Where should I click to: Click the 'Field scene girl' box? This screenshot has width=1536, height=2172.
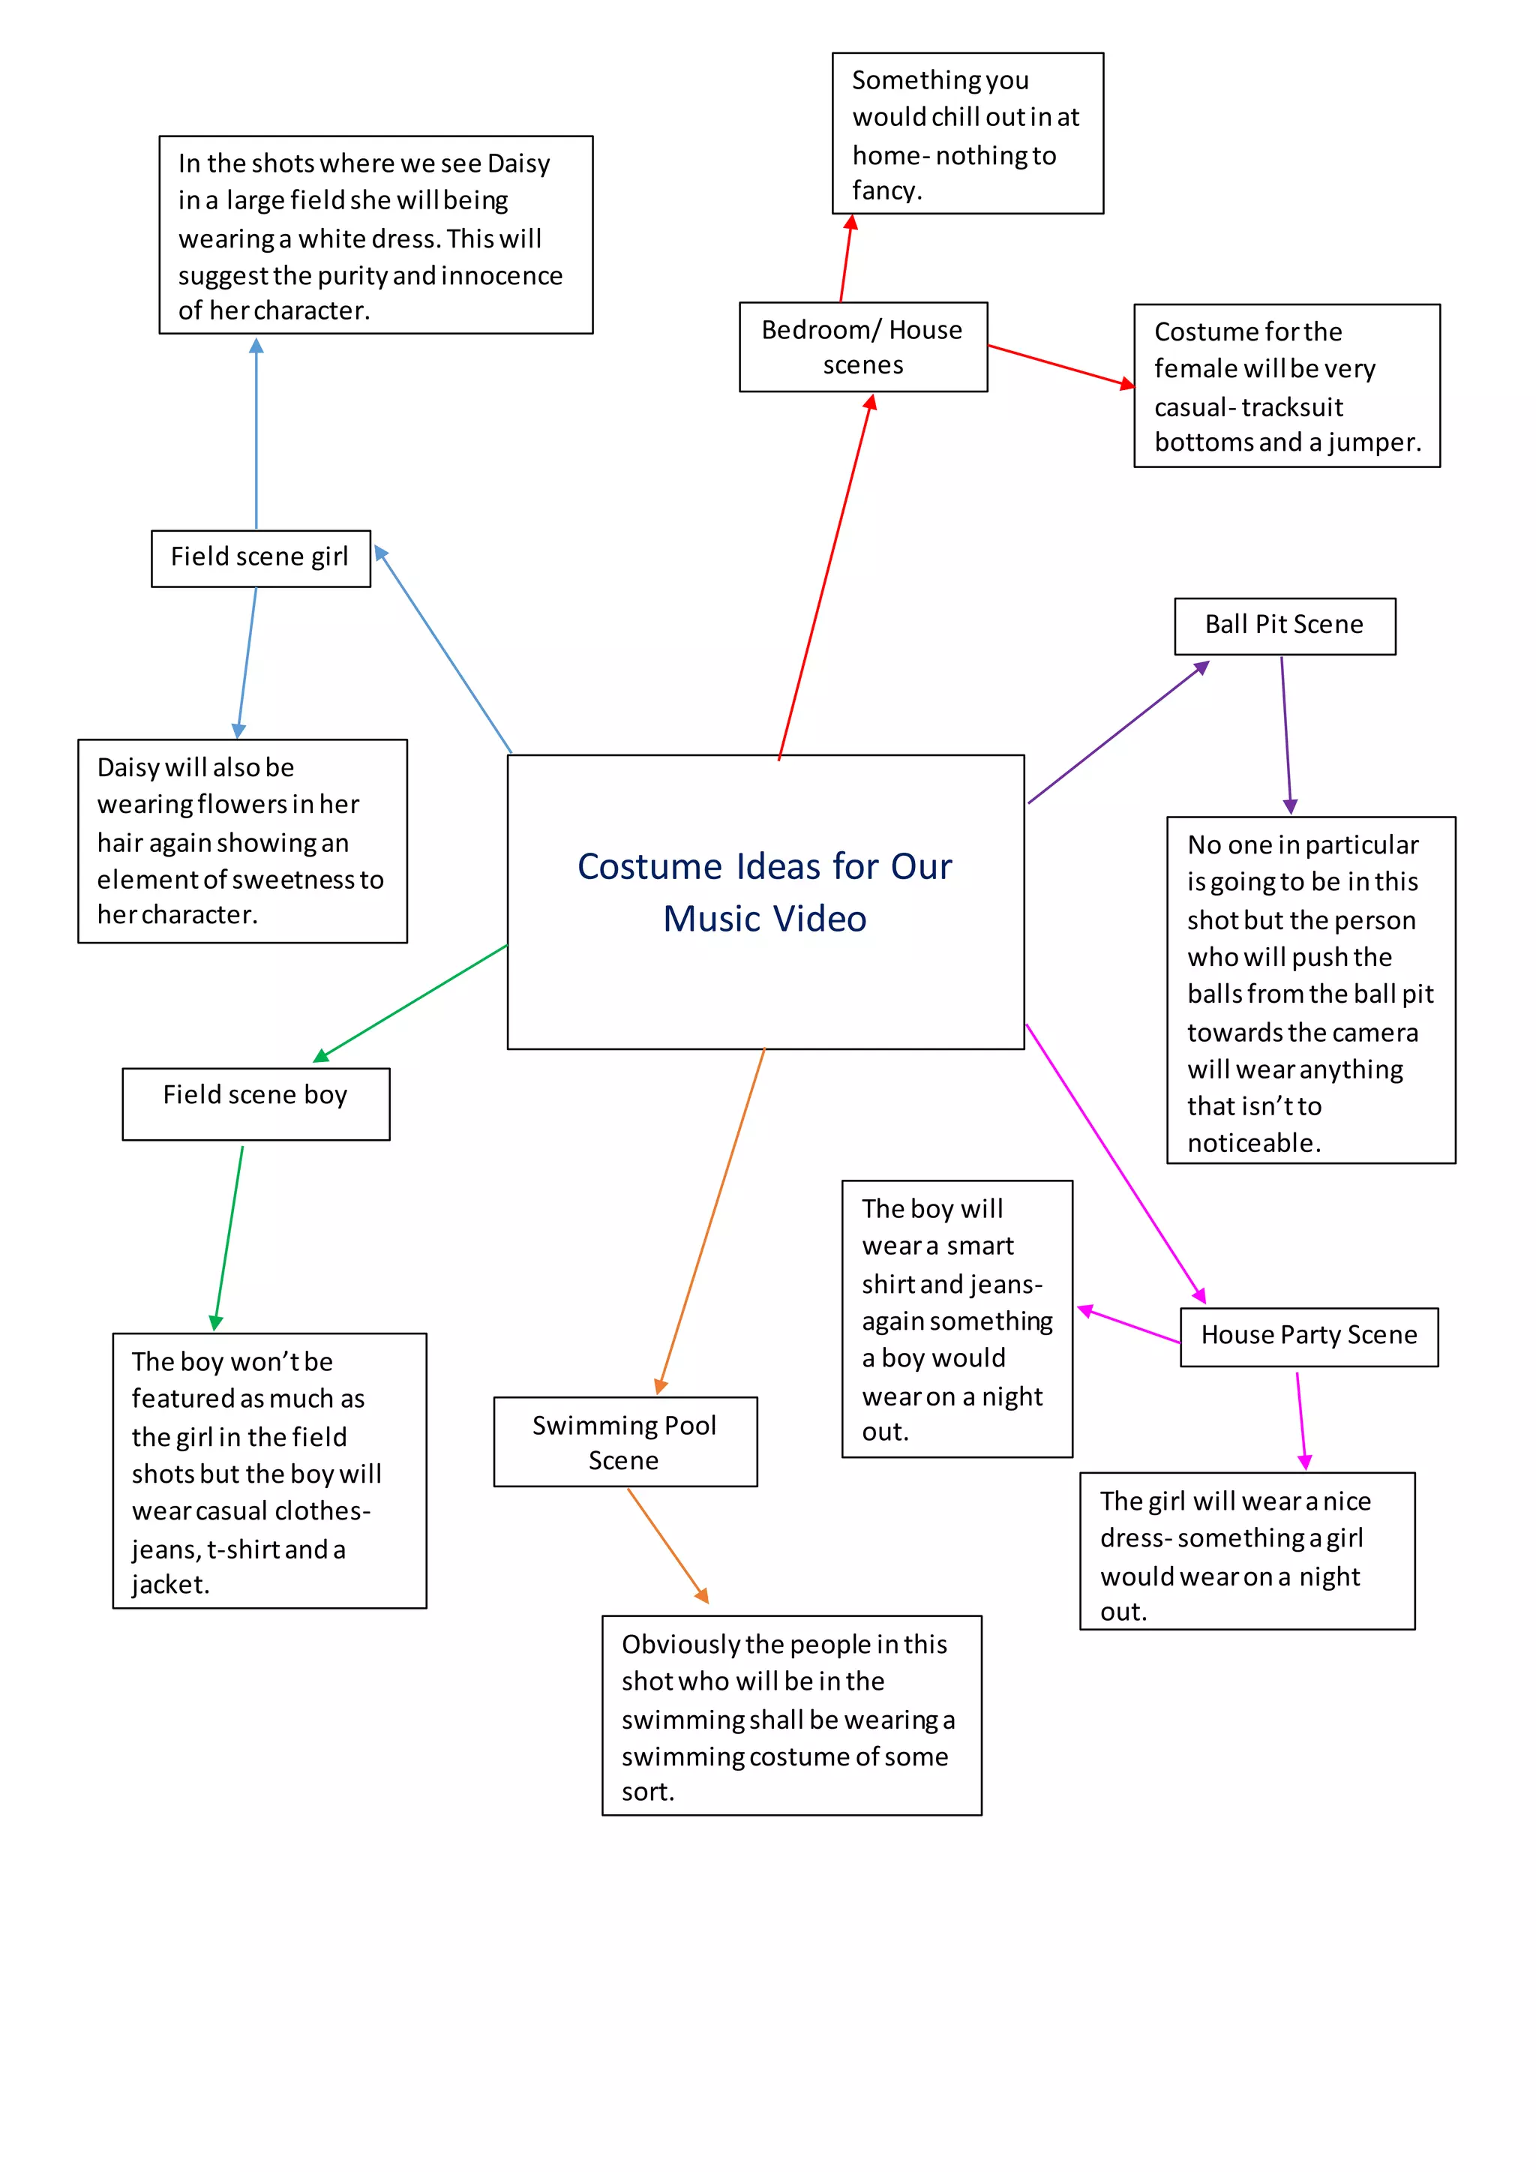[x=260, y=558]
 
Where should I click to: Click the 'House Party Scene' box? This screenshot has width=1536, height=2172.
[x=1308, y=1336]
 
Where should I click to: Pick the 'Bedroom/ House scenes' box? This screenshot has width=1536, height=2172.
[x=862, y=346]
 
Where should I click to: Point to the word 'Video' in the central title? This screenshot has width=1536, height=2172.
[x=820, y=919]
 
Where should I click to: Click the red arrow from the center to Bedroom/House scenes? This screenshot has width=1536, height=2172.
[x=825, y=577]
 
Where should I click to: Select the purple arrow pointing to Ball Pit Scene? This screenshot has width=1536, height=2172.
[x=1116, y=733]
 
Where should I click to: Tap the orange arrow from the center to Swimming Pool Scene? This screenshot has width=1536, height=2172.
[x=711, y=1220]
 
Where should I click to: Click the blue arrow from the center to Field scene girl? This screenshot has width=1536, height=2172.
[x=445, y=650]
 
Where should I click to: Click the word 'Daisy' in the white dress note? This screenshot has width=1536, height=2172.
[x=518, y=163]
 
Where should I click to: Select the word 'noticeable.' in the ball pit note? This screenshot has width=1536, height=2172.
[x=1253, y=1144]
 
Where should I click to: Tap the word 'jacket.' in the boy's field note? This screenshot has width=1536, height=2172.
[x=170, y=1585]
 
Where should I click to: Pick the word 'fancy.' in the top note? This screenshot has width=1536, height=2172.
[x=886, y=191]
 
